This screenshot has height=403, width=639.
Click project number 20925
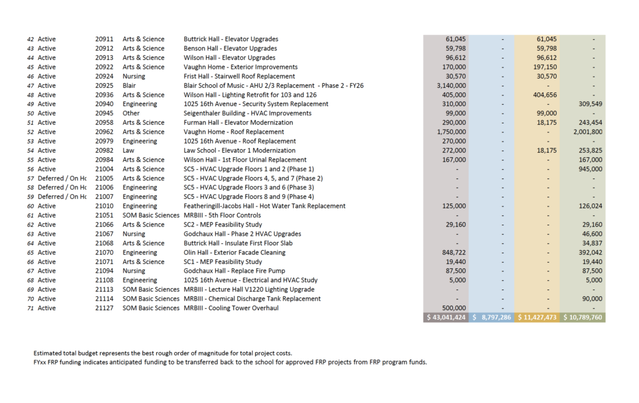click(104, 85)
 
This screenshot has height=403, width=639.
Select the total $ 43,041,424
click(446, 318)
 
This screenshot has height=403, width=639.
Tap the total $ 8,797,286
click(492, 318)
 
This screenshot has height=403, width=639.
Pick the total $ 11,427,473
click(537, 318)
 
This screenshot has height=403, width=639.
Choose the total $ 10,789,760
click(583, 318)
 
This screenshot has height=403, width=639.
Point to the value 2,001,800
click(588, 132)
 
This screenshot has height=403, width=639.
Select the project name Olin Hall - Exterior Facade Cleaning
click(235, 253)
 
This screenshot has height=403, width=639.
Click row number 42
click(31, 39)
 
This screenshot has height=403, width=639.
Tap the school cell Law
click(129, 150)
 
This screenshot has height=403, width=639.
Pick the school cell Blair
click(129, 85)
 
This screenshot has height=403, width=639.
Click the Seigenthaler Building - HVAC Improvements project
click(248, 113)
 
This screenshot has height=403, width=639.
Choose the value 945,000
click(590, 169)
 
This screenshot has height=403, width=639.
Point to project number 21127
click(104, 308)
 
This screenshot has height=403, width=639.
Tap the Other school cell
click(131, 113)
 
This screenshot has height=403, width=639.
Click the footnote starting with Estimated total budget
click(163, 354)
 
